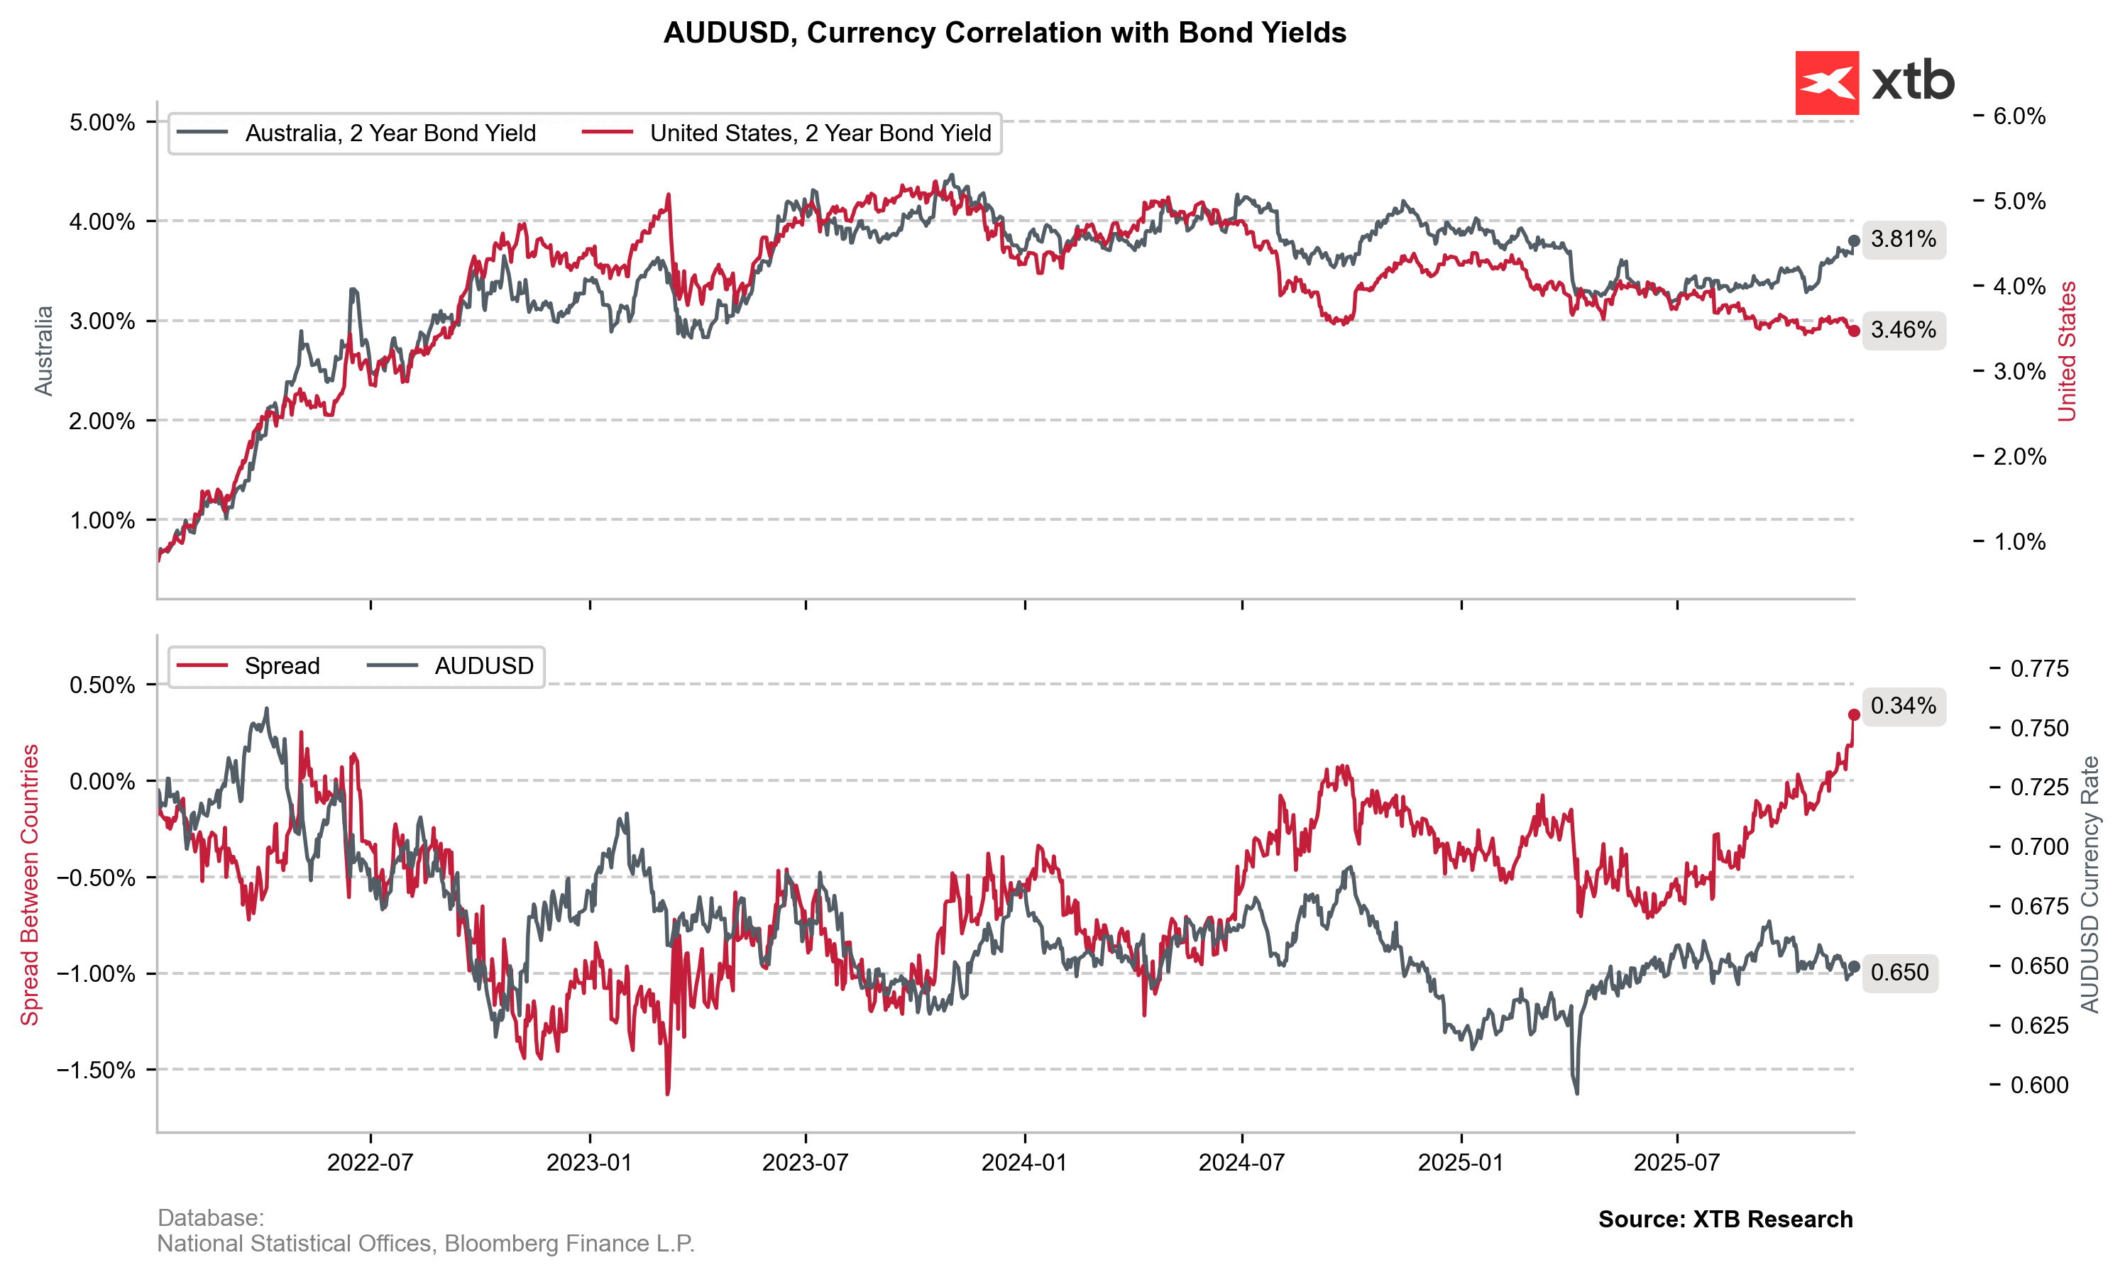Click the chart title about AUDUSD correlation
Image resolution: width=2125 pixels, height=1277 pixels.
[1004, 33]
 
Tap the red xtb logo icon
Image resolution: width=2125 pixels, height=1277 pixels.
[1826, 82]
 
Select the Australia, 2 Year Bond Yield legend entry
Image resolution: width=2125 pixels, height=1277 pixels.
[390, 133]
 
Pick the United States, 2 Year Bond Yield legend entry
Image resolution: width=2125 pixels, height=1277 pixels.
[819, 133]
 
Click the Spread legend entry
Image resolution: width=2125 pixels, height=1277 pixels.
[282, 666]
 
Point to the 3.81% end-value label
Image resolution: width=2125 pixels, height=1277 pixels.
[1903, 239]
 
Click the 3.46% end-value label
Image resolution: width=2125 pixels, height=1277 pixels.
[1903, 331]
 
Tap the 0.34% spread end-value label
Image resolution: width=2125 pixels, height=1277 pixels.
[1903, 707]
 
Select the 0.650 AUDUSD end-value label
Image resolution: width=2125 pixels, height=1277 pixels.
[1899, 973]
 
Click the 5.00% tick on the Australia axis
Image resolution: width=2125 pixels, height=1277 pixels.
[102, 122]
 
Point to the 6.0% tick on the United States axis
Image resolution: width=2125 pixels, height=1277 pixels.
[2019, 116]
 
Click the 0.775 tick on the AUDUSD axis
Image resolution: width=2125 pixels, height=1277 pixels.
[2039, 668]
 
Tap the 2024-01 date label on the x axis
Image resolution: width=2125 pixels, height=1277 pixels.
[1023, 1163]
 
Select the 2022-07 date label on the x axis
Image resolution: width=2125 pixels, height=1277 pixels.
[370, 1163]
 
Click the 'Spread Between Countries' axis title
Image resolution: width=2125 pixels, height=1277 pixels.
[30, 885]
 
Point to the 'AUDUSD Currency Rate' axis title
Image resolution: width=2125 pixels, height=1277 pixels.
[2090, 885]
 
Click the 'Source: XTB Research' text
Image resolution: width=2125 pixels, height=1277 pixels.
[1725, 1220]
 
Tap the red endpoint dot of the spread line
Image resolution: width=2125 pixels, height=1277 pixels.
[1854, 715]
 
